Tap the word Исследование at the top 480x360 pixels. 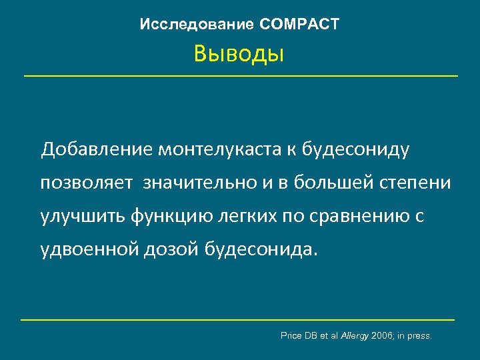(197, 25)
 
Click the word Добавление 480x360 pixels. (97, 150)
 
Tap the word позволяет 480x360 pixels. (87, 183)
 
